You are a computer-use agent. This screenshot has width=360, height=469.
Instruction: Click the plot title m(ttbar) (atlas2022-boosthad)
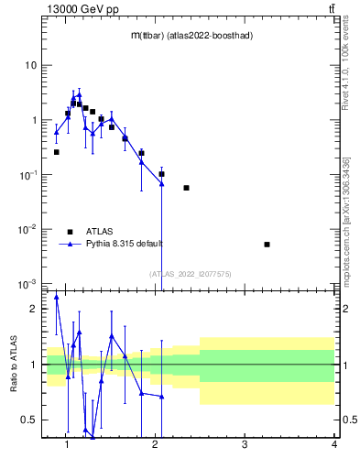click(191, 35)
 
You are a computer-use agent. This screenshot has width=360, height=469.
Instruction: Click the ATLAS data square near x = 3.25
click(267, 245)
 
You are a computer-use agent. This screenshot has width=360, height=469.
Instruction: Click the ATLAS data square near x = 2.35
click(186, 188)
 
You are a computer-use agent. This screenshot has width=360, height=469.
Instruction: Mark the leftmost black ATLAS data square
click(56, 152)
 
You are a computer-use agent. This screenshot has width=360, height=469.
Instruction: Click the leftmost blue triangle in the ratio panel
click(56, 297)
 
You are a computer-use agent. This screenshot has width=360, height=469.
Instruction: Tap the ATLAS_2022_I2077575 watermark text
click(191, 274)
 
